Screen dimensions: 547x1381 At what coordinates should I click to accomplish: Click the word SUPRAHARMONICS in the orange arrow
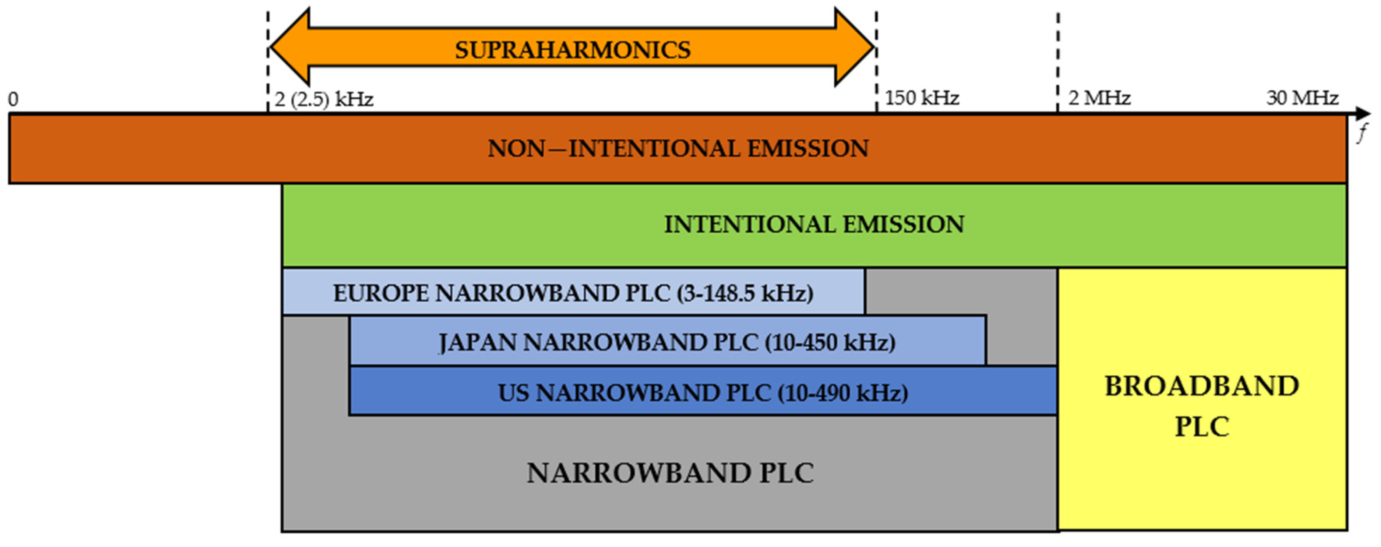(x=573, y=50)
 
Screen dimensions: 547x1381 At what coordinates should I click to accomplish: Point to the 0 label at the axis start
(x=13, y=99)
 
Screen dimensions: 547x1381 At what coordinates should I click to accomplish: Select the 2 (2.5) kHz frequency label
(x=324, y=99)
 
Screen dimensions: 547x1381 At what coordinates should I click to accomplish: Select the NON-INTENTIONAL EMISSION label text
(x=677, y=148)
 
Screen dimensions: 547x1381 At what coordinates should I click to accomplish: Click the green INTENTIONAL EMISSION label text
(x=814, y=224)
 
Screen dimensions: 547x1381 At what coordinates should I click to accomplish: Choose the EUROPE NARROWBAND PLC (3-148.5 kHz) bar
(x=573, y=293)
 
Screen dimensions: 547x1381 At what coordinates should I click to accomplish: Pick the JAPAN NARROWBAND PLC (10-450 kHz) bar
(x=667, y=342)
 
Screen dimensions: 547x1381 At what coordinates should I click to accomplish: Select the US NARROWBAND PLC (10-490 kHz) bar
(x=702, y=392)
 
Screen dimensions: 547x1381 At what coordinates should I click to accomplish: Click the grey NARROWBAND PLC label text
(x=670, y=473)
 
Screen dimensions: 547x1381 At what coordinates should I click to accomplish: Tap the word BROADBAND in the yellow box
(x=1202, y=386)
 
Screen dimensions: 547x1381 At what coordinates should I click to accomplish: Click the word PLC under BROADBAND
(x=1202, y=427)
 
